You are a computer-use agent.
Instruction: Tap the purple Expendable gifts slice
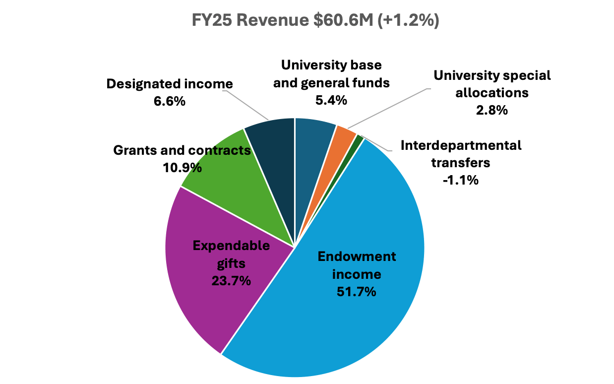pos(208,298)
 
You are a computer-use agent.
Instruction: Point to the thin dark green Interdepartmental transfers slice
pos(359,139)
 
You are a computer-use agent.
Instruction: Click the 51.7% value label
pos(356,291)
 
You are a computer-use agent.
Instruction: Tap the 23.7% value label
pos(231,280)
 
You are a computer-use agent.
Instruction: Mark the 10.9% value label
pos(182,168)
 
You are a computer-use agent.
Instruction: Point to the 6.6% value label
pos(170,101)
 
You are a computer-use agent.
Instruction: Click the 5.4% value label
pos(331,100)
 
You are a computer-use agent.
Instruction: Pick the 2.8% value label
pos(491,110)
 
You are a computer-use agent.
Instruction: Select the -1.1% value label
pos(461,180)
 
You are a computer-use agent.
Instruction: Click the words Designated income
pos(170,84)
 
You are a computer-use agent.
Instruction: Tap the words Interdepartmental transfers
pos(461,154)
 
